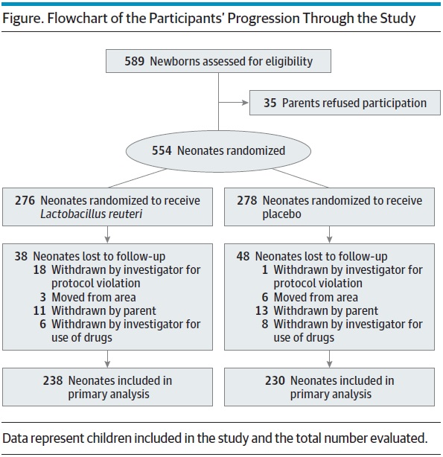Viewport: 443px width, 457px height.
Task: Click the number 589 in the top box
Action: click(135, 61)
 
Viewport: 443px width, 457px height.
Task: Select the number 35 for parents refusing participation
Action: click(270, 103)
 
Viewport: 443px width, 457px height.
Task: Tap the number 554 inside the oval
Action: click(162, 150)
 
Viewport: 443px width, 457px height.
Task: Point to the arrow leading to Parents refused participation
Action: click(233, 103)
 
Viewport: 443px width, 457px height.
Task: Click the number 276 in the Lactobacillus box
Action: click(25, 200)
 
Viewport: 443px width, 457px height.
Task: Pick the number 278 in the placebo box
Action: click(246, 200)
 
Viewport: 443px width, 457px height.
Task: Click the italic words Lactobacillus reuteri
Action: click(92, 214)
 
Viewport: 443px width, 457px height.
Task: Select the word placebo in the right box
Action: click(281, 214)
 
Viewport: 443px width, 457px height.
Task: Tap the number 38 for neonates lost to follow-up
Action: click(21, 257)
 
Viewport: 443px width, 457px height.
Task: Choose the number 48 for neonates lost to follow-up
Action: click(243, 257)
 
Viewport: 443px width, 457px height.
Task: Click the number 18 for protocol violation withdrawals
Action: click(39, 270)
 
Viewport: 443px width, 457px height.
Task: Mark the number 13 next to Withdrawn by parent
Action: click(261, 310)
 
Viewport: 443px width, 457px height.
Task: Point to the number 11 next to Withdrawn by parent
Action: click(39, 310)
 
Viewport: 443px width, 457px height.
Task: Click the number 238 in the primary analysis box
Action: click(53, 380)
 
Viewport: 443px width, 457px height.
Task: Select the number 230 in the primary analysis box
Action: click(275, 380)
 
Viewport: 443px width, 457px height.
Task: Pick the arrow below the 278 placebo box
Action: click(330, 234)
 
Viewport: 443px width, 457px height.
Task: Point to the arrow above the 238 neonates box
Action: click(107, 359)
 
